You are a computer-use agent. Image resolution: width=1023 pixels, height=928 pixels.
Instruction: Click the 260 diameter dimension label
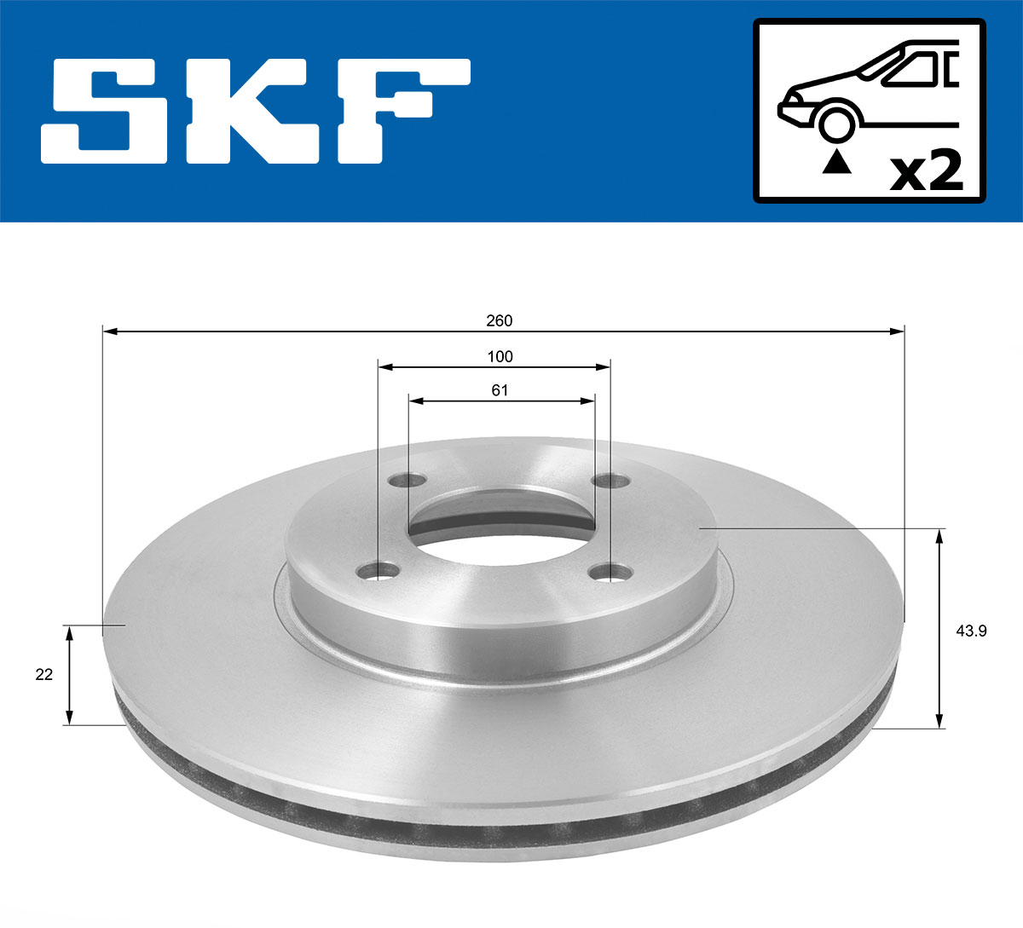[499, 320]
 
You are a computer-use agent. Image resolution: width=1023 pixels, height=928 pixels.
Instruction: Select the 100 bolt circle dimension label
[500, 356]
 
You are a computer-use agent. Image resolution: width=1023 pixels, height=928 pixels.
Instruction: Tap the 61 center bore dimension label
[500, 390]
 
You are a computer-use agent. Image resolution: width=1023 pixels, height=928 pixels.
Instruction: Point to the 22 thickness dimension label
[44, 674]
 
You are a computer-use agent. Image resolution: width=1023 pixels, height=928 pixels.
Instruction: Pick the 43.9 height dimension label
[967, 631]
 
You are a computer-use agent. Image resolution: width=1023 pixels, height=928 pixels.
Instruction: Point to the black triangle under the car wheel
[836, 161]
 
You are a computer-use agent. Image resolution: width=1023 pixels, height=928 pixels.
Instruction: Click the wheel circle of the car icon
[836, 122]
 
